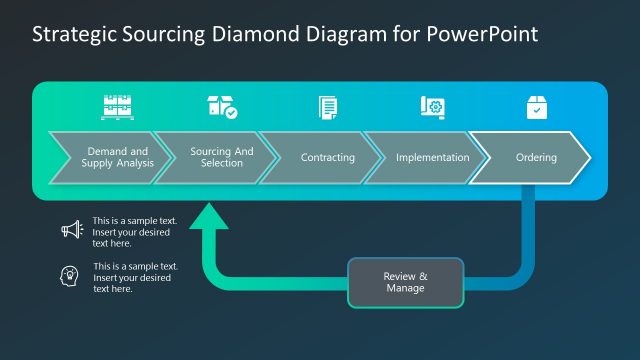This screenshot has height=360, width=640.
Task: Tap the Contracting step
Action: pos(327,157)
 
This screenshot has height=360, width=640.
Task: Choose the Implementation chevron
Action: pos(432,157)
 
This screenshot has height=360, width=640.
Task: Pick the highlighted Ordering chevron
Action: pos(535,157)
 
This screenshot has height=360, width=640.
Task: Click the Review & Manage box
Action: pos(405,282)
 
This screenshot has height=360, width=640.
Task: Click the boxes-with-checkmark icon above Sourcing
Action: pos(221,107)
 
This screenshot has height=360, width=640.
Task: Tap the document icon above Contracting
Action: pos(328,107)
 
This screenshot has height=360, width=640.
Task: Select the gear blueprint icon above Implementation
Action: pos(432,107)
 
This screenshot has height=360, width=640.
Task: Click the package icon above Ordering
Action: pos(537,107)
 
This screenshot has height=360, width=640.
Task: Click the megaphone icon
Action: pos(72,230)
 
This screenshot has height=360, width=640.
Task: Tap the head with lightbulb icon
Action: pos(72,276)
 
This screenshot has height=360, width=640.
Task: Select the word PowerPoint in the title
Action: pos(485,33)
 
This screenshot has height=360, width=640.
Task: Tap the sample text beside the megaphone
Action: pos(134,231)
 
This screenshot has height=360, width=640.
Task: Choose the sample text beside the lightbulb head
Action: pos(135,277)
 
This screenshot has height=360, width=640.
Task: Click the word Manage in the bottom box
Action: pos(405,288)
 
